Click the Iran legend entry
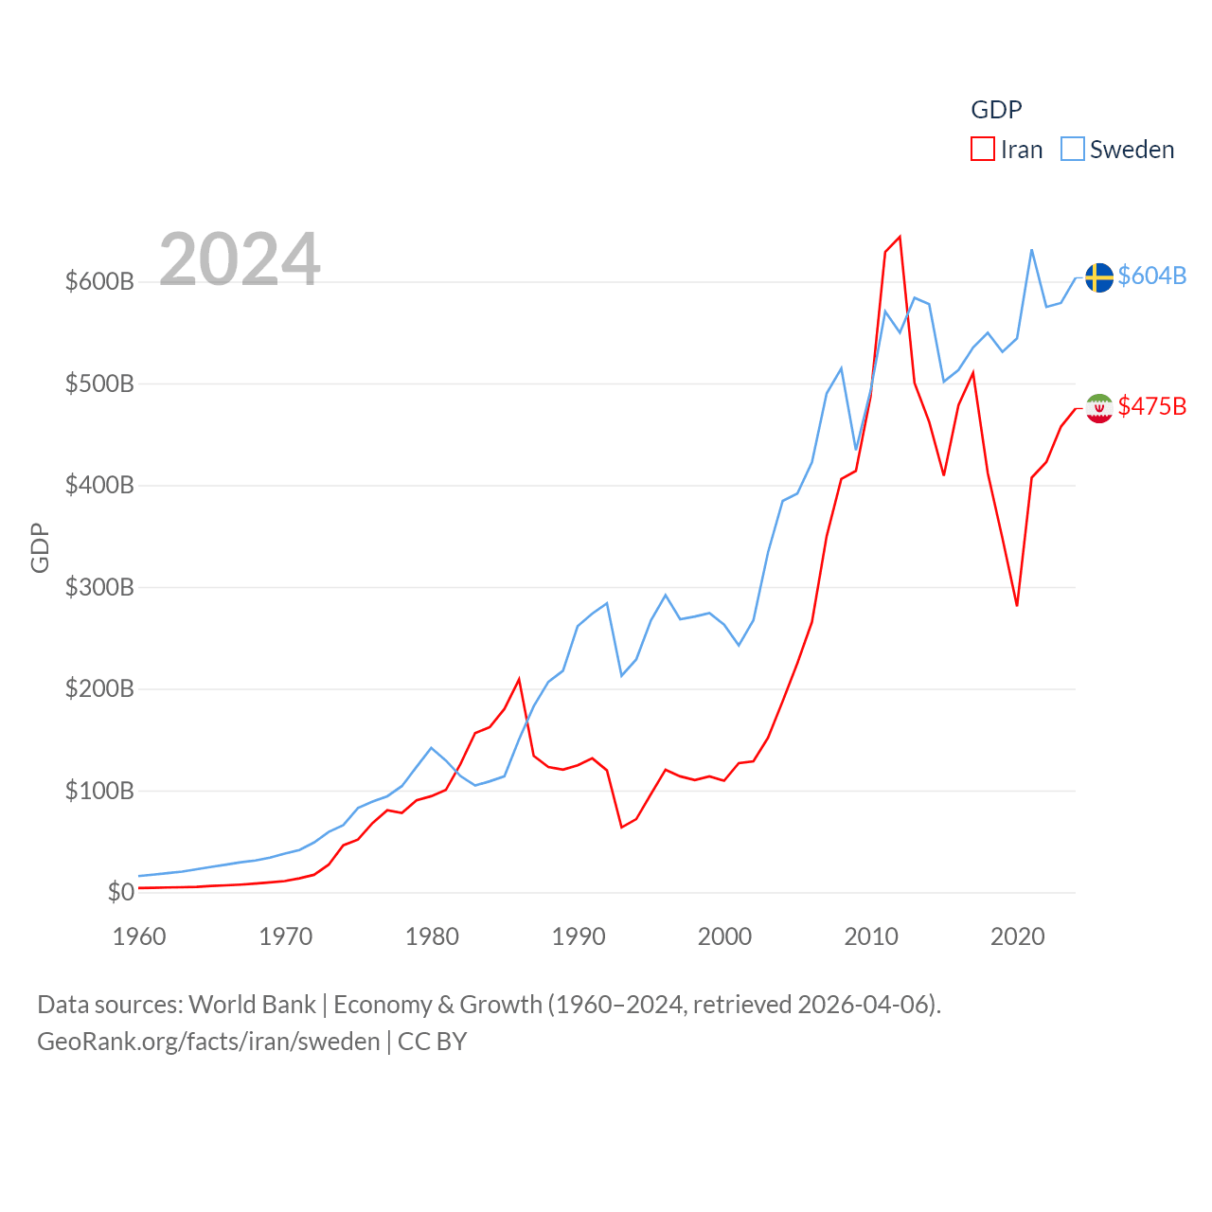click(x=1007, y=150)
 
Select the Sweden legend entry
click(x=1117, y=150)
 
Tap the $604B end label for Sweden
click(x=1151, y=276)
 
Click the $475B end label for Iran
click(x=1151, y=406)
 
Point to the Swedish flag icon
click(x=1099, y=277)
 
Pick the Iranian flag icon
click(x=1099, y=408)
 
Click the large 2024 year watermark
click(x=240, y=259)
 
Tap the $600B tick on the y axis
click(x=99, y=281)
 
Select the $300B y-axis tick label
click(x=99, y=587)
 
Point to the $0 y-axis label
click(x=120, y=892)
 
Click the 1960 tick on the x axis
click(x=139, y=936)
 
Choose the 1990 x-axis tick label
click(x=579, y=936)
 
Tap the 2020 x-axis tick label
click(x=1017, y=936)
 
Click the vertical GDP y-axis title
click(x=40, y=547)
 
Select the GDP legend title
click(x=996, y=110)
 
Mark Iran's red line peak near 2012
click(x=900, y=237)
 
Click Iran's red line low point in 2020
click(x=1017, y=605)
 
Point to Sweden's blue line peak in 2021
click(x=1031, y=250)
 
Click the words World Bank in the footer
click(x=252, y=1004)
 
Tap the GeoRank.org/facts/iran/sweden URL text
click(x=208, y=1042)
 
